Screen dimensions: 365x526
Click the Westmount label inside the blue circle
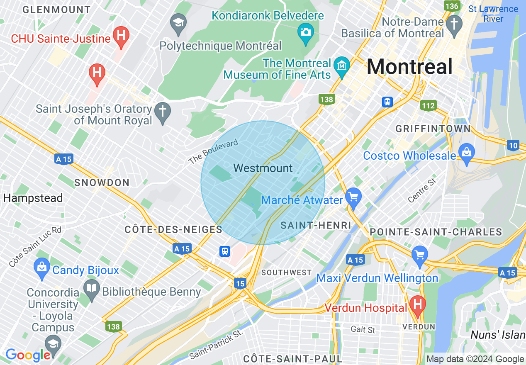click(x=263, y=168)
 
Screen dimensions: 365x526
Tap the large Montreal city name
click(x=409, y=66)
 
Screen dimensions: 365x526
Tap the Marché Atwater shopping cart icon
click(x=353, y=198)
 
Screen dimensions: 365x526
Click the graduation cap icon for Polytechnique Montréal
click(x=178, y=22)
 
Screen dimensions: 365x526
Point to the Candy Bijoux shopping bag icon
click(x=42, y=267)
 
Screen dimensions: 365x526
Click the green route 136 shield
click(x=451, y=6)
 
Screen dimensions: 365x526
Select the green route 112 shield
click(x=428, y=105)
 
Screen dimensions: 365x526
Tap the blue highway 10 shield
click(x=513, y=145)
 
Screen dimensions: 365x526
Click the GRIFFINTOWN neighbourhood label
click(x=433, y=129)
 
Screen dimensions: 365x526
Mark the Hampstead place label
click(x=33, y=198)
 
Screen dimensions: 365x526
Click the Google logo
click(x=28, y=355)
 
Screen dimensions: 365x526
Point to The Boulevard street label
click(x=213, y=151)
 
